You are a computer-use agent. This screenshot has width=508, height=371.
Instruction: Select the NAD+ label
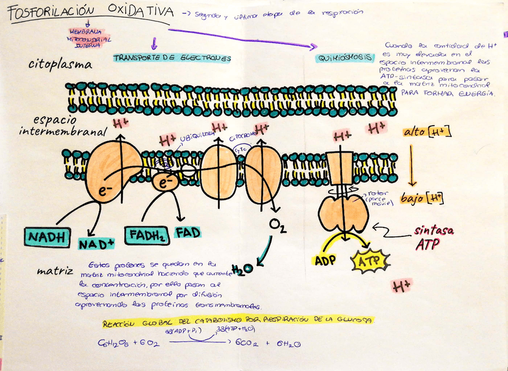click(96, 244)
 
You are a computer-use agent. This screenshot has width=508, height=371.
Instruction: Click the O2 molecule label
click(277, 225)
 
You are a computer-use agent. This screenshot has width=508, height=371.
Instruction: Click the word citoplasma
click(60, 65)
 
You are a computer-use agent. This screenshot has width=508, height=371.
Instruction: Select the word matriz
click(55, 270)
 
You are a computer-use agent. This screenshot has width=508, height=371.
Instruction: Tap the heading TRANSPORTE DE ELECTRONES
click(172, 58)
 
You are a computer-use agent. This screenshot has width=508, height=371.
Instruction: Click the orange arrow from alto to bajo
click(412, 165)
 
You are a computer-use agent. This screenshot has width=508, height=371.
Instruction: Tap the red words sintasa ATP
click(434, 238)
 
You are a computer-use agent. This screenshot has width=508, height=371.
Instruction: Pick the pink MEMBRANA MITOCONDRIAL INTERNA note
click(86, 38)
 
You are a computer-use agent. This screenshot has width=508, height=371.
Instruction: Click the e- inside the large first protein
click(105, 191)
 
